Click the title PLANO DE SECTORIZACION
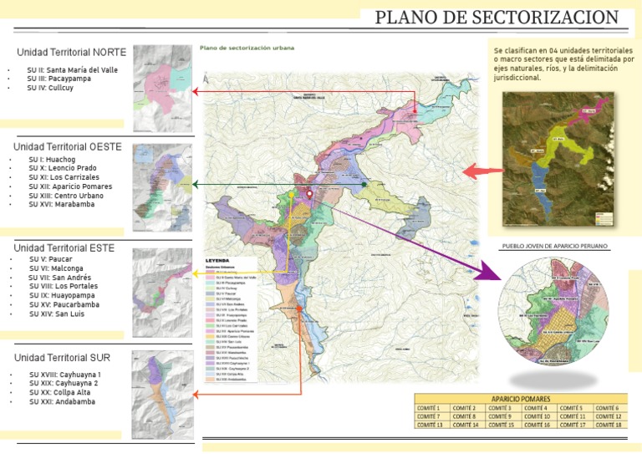click(x=497, y=18)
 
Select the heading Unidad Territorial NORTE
click(x=72, y=52)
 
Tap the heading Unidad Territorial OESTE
click(x=68, y=146)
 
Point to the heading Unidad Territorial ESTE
click(x=64, y=248)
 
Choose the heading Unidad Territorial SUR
click(x=64, y=358)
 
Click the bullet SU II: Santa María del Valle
click(x=70, y=69)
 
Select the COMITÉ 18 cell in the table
click(x=609, y=425)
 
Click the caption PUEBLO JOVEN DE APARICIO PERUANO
click(x=554, y=247)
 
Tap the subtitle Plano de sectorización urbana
click(x=247, y=48)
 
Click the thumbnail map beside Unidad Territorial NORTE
click(x=162, y=89)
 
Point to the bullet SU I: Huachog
click(x=52, y=159)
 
